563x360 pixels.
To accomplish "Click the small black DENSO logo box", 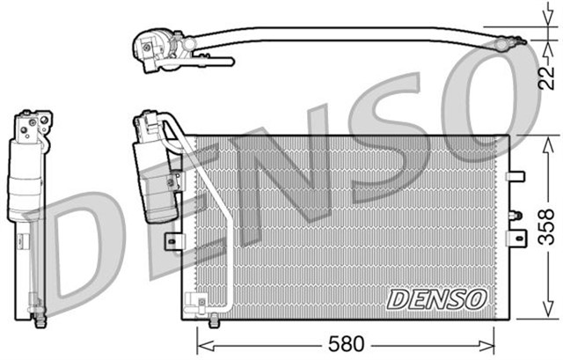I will click(436, 299).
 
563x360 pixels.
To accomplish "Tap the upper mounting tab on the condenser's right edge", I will click(515, 177).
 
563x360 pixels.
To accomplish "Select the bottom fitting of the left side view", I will click(36, 310).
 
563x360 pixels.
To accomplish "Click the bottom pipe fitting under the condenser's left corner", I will click(204, 310).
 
